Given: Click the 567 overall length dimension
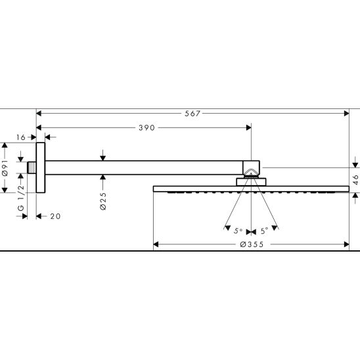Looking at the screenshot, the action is tap(192, 114).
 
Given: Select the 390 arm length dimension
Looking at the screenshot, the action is tap(146, 127).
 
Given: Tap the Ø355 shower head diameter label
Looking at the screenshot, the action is tap(252, 244).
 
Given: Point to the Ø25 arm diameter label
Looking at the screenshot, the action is tap(103, 201).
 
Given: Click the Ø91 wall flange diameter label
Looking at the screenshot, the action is tap(5, 168).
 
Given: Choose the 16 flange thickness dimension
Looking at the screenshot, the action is tap(21, 137).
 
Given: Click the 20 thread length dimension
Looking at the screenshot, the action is tap(55, 216).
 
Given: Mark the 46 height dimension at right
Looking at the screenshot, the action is tap(355, 179).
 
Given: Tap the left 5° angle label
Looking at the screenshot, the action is tap(238, 231).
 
